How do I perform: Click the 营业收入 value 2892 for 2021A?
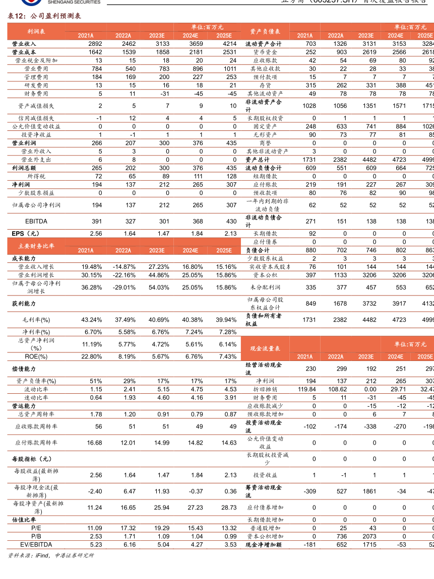point(94,44)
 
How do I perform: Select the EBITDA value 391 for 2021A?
point(94,221)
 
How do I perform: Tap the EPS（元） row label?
point(25,234)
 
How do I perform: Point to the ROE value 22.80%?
point(92,356)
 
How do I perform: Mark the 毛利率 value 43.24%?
point(92,320)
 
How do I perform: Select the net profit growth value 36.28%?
point(92,287)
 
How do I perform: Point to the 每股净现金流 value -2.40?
point(95,491)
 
